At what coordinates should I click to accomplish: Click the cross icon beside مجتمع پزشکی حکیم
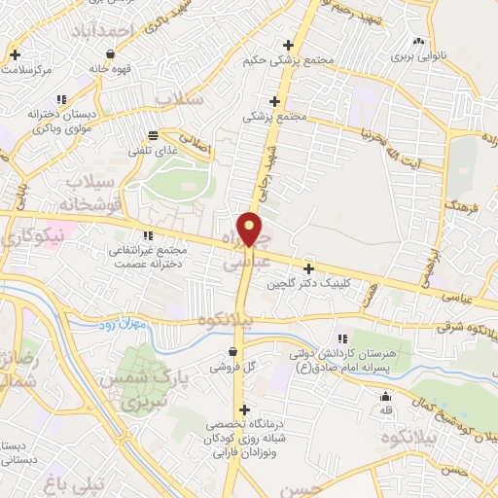tap(287, 45)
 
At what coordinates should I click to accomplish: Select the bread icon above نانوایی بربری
tap(418, 42)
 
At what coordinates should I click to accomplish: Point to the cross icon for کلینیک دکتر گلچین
tap(309, 268)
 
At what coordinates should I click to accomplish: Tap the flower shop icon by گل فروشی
tap(231, 352)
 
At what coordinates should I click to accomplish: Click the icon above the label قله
tap(387, 396)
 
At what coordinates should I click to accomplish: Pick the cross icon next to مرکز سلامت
tap(14, 54)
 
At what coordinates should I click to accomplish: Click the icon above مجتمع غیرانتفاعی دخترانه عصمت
tap(148, 235)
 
